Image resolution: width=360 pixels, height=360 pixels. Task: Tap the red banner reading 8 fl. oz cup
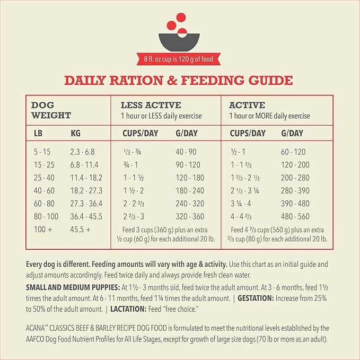coord(180,59)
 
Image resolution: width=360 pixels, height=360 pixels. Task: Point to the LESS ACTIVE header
coord(151,105)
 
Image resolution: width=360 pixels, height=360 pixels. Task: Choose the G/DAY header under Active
coord(292,133)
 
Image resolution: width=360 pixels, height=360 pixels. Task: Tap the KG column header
coord(75,133)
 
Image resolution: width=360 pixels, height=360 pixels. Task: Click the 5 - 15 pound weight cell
coord(42,152)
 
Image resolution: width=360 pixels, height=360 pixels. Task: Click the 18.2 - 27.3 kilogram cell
coord(86,190)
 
